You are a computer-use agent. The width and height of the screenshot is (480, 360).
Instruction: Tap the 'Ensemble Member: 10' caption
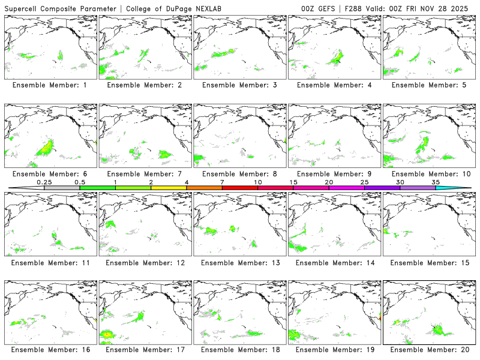[x=427, y=174]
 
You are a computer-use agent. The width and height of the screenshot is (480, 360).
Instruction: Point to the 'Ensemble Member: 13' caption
[x=238, y=262]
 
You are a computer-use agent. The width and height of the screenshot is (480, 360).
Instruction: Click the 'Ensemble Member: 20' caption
[x=427, y=350]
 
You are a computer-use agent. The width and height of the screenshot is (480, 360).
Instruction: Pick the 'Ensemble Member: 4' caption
[x=333, y=85]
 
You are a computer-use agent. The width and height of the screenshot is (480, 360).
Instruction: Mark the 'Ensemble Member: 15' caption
[x=427, y=262]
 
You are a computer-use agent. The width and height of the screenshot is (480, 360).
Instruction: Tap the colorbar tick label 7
[x=222, y=182]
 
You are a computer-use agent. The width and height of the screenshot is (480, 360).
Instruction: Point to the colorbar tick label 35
[x=436, y=182]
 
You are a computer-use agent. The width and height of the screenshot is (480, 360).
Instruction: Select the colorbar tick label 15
[x=293, y=182]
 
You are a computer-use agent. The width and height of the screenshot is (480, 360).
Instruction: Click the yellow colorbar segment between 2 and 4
[x=169, y=188]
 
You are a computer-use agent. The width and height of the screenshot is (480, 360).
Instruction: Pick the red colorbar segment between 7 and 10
[x=240, y=188]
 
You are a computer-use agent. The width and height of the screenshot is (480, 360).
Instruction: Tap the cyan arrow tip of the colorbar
[x=463, y=188]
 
